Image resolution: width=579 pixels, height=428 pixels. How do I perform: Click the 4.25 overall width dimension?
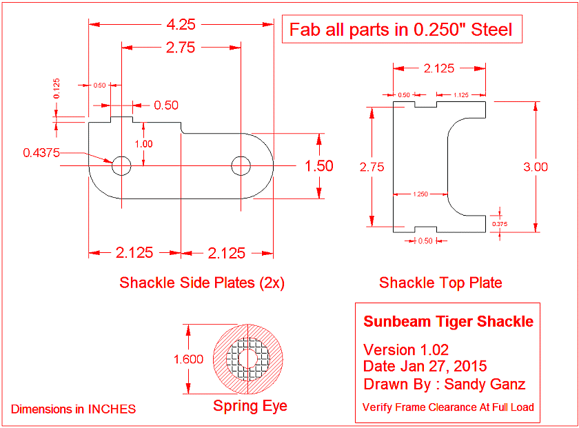180,24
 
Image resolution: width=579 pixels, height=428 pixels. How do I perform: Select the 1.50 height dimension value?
319,166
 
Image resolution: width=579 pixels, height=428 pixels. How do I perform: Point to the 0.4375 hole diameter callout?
41,153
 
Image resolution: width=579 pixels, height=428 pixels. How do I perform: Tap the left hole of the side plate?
121,165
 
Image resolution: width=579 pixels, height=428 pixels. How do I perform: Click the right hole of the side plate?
241,165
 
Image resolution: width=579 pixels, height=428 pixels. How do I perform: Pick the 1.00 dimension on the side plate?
144,144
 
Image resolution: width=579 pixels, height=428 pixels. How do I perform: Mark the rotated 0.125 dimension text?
57,88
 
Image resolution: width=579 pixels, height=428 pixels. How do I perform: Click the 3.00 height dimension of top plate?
536,166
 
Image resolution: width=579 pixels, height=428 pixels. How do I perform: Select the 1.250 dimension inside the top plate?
420,194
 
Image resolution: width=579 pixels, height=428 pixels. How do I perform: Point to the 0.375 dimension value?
500,223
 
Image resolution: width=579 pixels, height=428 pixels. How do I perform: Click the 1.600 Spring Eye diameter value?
188,359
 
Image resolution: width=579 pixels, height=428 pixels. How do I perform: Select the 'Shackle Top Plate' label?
440,283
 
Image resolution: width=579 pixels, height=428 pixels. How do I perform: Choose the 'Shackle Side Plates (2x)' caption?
202,283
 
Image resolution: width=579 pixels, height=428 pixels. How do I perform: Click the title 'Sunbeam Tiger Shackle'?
448,322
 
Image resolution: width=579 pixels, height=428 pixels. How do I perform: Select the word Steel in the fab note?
489,30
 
